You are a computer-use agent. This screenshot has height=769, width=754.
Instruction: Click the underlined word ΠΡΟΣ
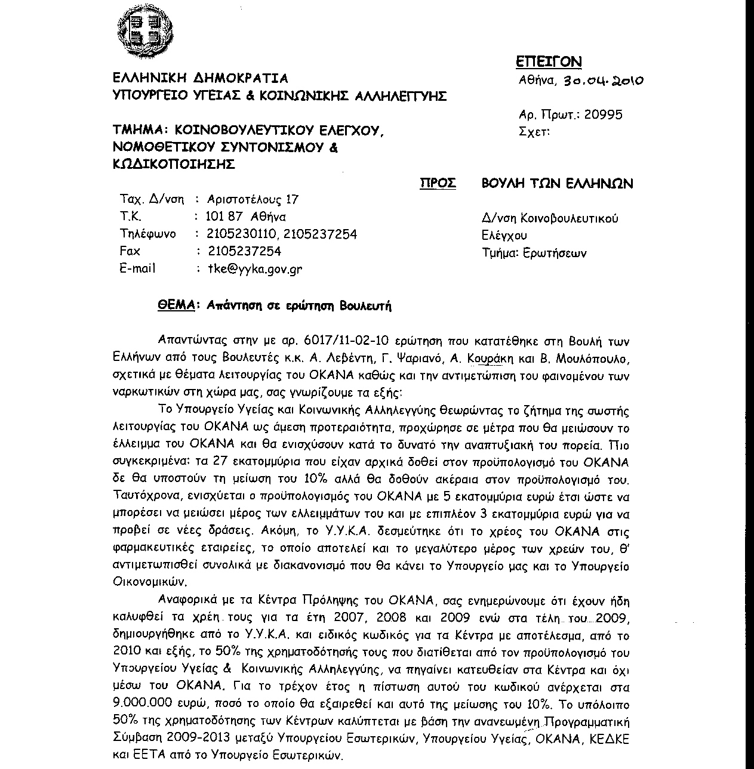[438, 183]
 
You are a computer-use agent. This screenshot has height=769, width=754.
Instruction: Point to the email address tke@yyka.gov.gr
[254, 269]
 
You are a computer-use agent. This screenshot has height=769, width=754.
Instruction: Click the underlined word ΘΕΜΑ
[177, 305]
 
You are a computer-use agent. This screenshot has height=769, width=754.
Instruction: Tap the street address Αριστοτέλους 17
[253, 199]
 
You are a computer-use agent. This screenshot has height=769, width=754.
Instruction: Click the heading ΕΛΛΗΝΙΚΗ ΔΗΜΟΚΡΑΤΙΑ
[200, 78]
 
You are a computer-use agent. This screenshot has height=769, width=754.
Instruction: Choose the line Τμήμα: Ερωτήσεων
[534, 253]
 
